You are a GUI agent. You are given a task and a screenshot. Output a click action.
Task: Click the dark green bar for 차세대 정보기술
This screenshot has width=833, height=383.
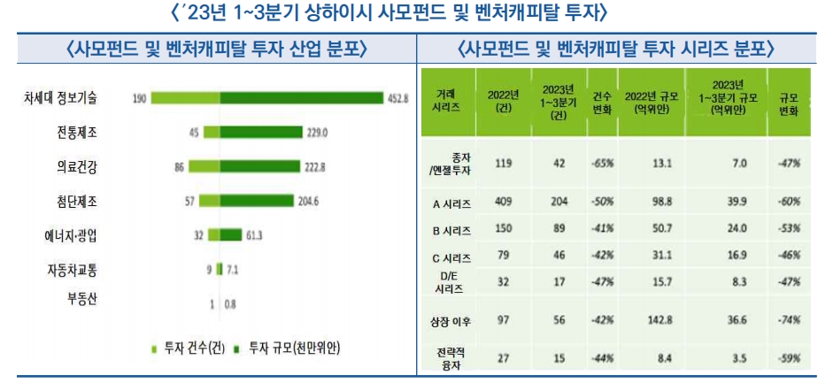(301, 98)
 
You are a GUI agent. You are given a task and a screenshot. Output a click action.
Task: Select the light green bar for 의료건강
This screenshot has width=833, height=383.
(204, 166)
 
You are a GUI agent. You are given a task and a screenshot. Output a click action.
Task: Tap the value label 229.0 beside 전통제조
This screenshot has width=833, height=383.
(316, 133)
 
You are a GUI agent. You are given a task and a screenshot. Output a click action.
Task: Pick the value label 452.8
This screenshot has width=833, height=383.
(397, 98)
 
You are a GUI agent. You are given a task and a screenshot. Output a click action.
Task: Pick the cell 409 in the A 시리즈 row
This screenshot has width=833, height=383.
(502, 203)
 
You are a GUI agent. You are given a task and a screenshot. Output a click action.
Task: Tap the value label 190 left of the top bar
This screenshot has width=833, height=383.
(139, 98)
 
